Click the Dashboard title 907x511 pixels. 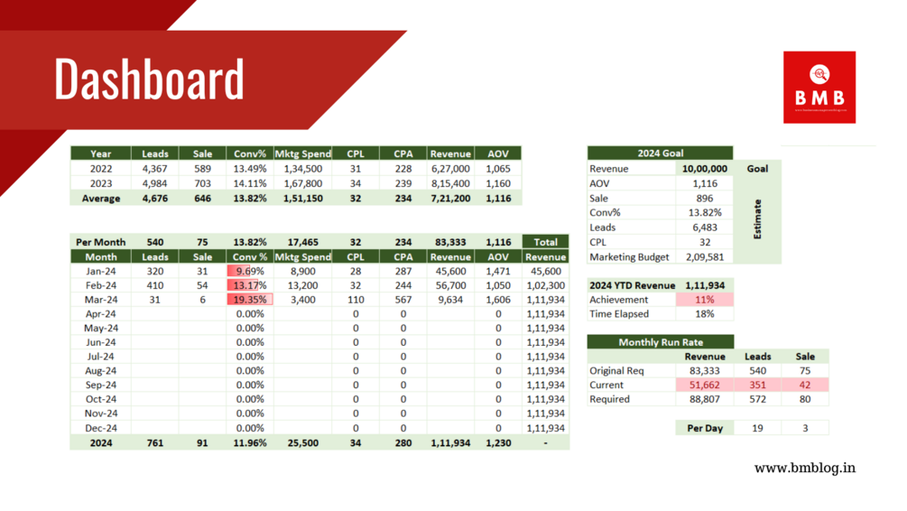[x=149, y=79]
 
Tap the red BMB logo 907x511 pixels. [x=819, y=87]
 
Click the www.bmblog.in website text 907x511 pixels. [x=805, y=468]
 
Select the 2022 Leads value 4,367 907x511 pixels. [x=154, y=168]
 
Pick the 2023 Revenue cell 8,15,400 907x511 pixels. [x=450, y=183]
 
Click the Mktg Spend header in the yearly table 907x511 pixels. [x=302, y=153]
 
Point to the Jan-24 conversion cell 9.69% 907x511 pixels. [x=249, y=271]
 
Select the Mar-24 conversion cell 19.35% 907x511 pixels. [x=249, y=300]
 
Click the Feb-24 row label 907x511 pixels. [x=100, y=285]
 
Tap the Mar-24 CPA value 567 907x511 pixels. [x=403, y=300]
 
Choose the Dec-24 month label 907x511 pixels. [x=100, y=428]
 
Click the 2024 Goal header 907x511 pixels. [x=660, y=153]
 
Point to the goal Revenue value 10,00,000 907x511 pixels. [x=705, y=169]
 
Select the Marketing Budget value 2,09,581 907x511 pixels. [x=705, y=256]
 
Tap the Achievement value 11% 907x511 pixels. [x=705, y=300]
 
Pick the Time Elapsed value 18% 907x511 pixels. [x=705, y=314]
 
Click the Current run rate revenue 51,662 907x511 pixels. [x=705, y=385]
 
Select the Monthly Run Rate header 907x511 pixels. [x=660, y=342]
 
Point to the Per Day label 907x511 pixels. [x=705, y=428]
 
